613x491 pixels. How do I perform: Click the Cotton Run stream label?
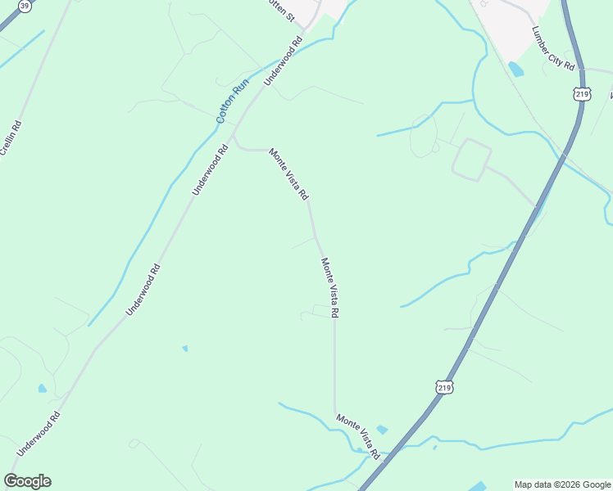tap(232, 101)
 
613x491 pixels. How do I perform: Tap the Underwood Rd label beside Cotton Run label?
tap(284, 61)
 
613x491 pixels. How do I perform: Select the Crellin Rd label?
tap(11, 138)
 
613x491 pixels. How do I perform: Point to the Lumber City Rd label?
tap(553, 49)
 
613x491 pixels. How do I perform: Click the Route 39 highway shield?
tap(25, 6)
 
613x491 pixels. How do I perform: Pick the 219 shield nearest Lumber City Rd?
tap(582, 96)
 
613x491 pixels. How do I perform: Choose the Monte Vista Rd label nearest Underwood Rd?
tap(289, 174)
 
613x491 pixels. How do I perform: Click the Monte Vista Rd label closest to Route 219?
tap(358, 435)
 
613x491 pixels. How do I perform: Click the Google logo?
tap(27, 481)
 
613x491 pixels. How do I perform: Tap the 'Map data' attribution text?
tap(534, 484)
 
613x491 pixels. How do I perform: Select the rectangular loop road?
tap(470, 160)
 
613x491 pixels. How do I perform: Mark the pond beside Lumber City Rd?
tap(515, 70)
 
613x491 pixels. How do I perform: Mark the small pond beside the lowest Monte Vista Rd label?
tap(382, 430)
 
